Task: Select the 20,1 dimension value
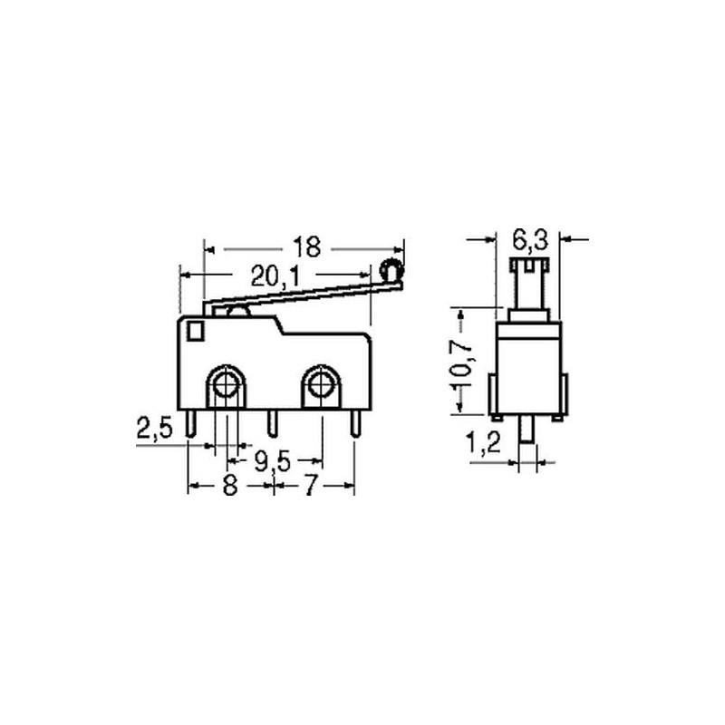click(x=275, y=276)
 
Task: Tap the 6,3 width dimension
click(x=530, y=240)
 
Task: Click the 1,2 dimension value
click(x=483, y=443)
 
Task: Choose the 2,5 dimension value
click(x=154, y=428)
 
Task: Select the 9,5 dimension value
click(x=273, y=461)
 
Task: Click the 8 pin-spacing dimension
click(x=230, y=486)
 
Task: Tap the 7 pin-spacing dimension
click(x=312, y=486)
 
